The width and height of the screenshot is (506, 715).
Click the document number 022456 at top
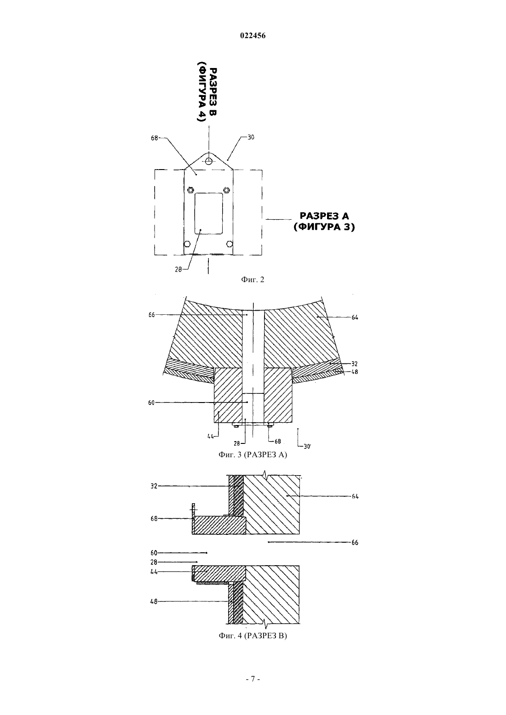(253, 36)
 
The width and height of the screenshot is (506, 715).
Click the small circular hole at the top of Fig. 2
(209, 161)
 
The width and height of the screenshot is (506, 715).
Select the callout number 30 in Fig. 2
(251, 137)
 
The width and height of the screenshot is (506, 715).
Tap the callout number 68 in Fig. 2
(155, 138)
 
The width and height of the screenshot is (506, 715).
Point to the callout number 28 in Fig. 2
(178, 269)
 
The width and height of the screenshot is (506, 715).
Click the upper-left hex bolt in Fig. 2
(190, 190)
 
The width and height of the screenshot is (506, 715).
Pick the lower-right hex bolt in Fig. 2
(229, 244)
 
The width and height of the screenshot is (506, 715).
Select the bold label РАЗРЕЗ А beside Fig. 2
(324, 216)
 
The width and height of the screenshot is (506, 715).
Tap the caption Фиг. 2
(253, 280)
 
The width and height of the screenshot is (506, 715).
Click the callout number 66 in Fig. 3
(152, 315)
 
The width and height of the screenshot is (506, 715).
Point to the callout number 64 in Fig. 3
(355, 317)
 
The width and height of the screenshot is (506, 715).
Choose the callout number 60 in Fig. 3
(151, 403)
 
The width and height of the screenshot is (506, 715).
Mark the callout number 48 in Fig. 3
(354, 372)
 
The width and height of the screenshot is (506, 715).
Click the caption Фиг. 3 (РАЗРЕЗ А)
(253, 455)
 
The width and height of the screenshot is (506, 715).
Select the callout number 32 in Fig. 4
(154, 487)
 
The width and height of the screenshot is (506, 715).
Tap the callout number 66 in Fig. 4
(355, 543)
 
